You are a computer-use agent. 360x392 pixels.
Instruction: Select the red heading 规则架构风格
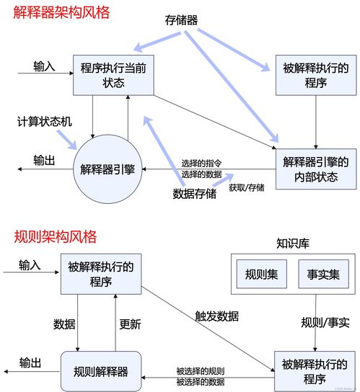click(55, 236)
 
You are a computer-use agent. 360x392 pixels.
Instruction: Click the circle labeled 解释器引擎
click(109, 169)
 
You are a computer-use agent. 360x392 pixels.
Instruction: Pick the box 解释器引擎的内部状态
click(315, 168)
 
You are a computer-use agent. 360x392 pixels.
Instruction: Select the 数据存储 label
click(194, 193)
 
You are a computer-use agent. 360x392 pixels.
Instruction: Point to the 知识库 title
click(292, 243)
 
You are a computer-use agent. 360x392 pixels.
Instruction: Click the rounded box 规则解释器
click(101, 371)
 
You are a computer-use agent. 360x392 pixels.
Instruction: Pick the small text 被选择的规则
click(201, 370)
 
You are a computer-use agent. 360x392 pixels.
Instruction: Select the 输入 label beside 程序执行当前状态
click(44, 66)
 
